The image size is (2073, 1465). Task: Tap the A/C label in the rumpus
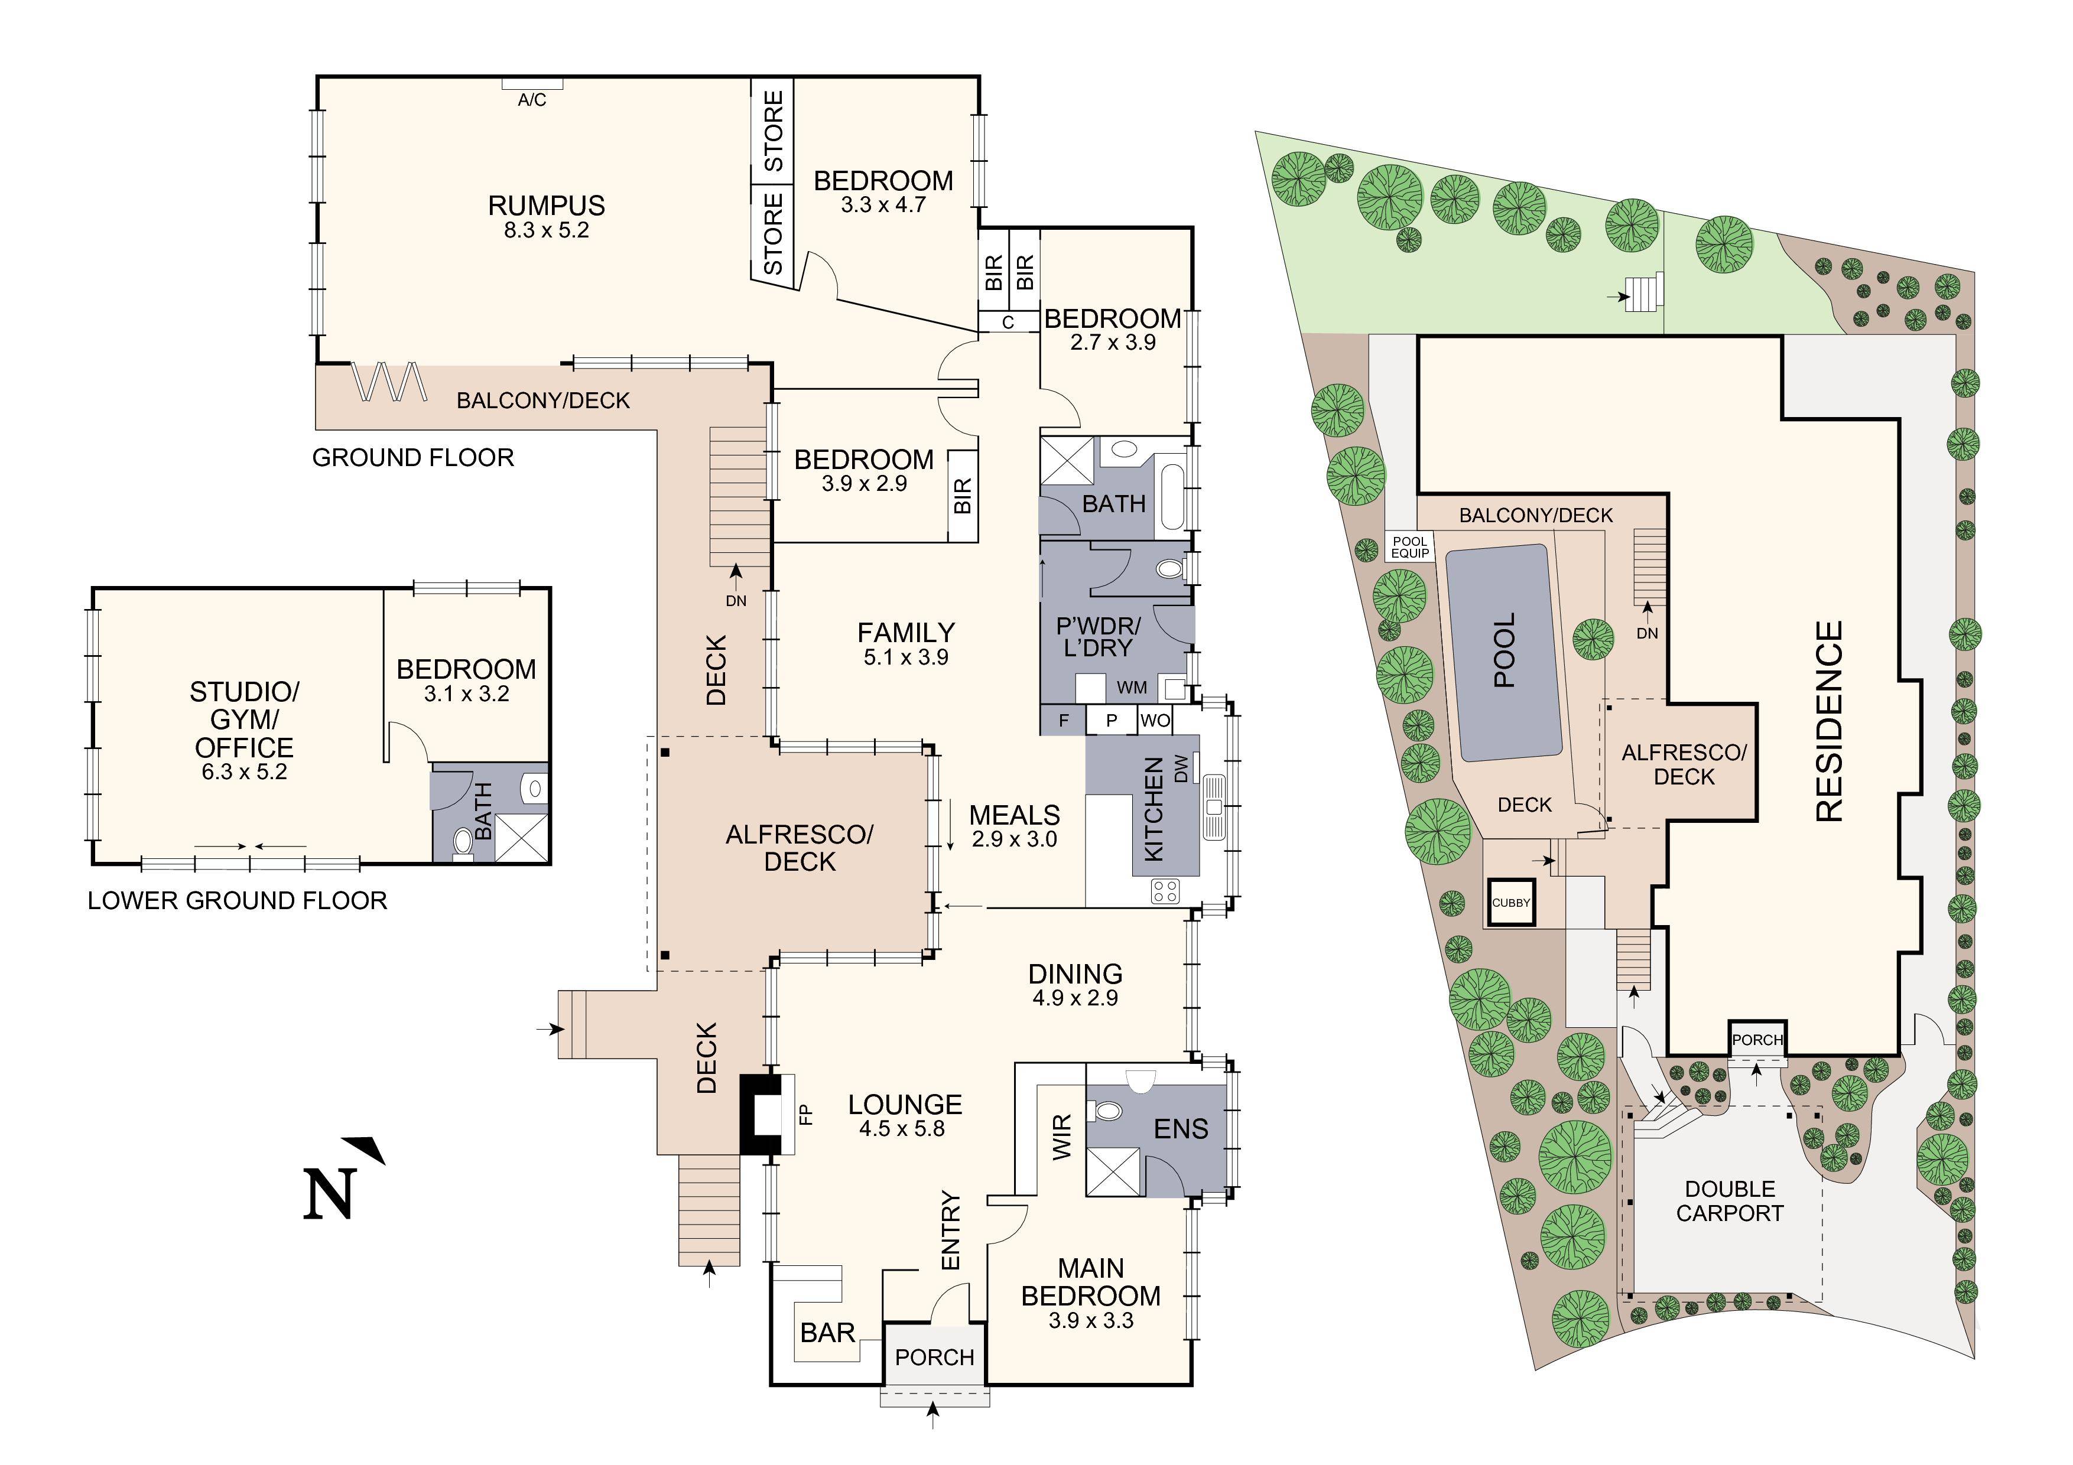point(532,100)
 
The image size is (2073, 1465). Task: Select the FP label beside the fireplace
point(806,1114)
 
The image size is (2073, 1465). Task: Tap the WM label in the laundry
point(1131,688)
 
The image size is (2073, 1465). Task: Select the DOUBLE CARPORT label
point(1730,1202)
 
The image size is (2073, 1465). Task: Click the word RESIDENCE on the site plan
point(1828,721)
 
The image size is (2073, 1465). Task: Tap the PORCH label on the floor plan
point(934,1357)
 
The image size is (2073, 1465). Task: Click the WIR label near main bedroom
point(1062,1137)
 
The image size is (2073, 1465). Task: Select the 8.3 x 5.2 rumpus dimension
point(546,230)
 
